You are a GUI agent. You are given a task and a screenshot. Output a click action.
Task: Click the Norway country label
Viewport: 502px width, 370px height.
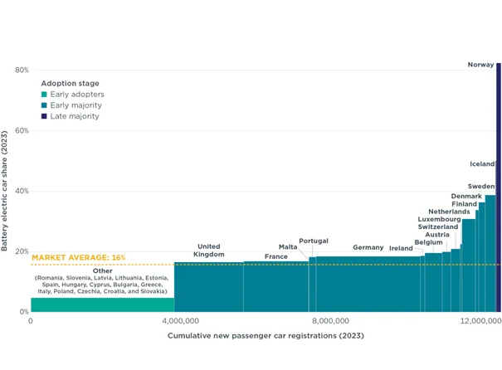pos(480,65)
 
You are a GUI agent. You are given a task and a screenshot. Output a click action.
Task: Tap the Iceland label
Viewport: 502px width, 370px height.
pos(482,164)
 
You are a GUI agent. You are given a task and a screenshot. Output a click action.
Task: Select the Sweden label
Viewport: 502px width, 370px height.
pos(481,187)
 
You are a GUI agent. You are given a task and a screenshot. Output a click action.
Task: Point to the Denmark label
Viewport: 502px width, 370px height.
pos(466,196)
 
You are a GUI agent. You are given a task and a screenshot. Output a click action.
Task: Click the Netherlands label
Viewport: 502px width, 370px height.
pos(449,212)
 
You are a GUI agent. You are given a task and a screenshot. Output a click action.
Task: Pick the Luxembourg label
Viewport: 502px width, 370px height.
pos(439,219)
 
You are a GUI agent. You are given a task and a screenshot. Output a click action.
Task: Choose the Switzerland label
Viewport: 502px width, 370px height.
pos(438,226)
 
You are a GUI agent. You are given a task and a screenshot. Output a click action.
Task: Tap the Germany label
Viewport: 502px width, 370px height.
pos(368,247)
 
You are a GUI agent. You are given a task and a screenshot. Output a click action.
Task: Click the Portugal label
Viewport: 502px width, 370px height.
pos(314,241)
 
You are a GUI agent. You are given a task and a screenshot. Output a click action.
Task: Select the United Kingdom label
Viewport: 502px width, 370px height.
pos(209,251)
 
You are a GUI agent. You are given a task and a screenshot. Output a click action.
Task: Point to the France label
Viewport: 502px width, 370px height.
pos(276,257)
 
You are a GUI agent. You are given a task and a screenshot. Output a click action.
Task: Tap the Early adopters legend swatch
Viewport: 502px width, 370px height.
pos(44,95)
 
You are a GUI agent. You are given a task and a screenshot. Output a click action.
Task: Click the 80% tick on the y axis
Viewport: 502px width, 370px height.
pos(22,70)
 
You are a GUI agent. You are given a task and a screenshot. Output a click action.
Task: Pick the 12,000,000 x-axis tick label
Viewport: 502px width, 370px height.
pos(480,320)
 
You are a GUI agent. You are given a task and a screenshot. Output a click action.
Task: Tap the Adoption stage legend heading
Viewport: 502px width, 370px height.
pos(70,83)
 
